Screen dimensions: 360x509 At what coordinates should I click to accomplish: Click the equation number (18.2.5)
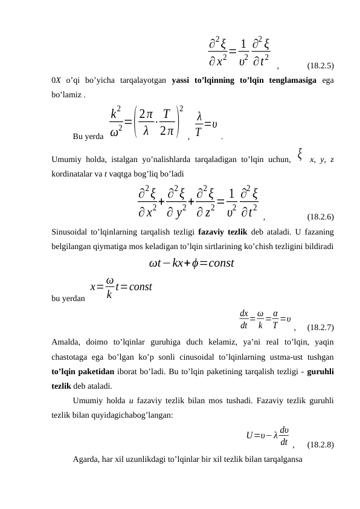point(321,65)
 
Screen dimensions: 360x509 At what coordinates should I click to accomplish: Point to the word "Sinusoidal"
point(71,231)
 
